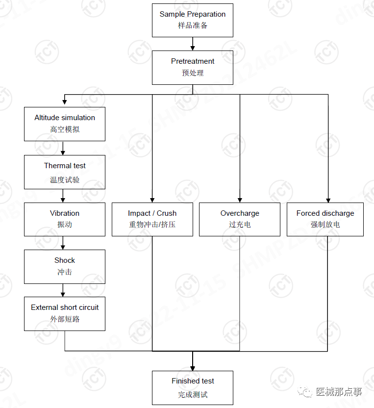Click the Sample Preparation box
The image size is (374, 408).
click(193, 20)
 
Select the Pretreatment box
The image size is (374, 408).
click(193, 67)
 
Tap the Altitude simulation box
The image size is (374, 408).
click(65, 124)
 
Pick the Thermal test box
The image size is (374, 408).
click(65, 172)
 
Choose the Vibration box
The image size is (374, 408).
click(65, 219)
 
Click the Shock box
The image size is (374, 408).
click(65, 266)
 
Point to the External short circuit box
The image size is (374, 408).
click(65, 313)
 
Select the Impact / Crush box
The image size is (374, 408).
click(152, 219)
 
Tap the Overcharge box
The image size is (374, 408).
click(240, 219)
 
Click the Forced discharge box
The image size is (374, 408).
click(325, 219)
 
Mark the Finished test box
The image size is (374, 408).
click(193, 387)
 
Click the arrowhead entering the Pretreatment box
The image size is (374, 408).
click(193, 48)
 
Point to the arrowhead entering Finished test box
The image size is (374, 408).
click(193, 368)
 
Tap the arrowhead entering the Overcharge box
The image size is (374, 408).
click(240, 200)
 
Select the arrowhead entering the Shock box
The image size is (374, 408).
click(63, 247)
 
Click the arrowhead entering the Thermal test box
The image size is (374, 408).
click(63, 153)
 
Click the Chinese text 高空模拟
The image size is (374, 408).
click(65, 129)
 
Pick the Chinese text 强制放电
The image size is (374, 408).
click(325, 225)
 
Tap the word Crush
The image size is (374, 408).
click(167, 213)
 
